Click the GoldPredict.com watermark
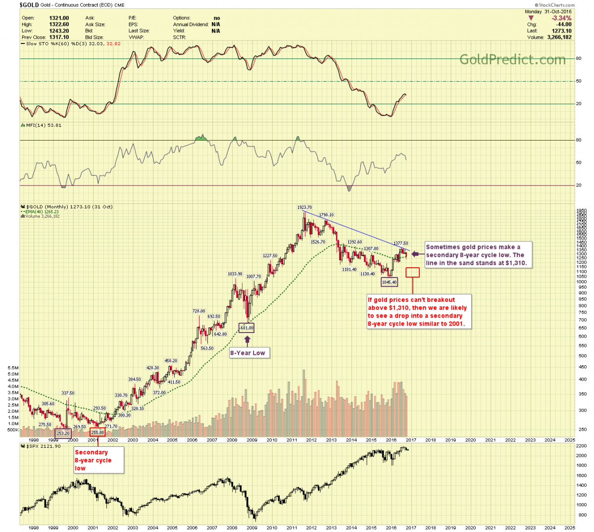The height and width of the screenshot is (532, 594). pos(512,59)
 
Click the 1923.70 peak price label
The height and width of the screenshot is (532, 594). pos(304,207)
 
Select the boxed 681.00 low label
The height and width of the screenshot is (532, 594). pos(246,328)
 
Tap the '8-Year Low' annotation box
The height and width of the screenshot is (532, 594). pos(247,353)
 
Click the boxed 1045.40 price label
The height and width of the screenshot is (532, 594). pos(389,282)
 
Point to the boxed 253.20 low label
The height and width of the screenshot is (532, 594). pos(63,434)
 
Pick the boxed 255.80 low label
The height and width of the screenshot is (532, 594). pos(98,433)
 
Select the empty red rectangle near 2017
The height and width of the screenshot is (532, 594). pos(412,272)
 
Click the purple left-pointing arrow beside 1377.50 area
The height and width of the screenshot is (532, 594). pos(416,254)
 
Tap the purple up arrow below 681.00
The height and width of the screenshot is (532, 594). pos(247,339)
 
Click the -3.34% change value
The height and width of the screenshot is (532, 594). pos(561,18)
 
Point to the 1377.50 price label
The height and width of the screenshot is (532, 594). pos(400,243)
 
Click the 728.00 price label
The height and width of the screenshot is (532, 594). pos(198,311)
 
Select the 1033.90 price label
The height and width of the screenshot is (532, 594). pos(235,274)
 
